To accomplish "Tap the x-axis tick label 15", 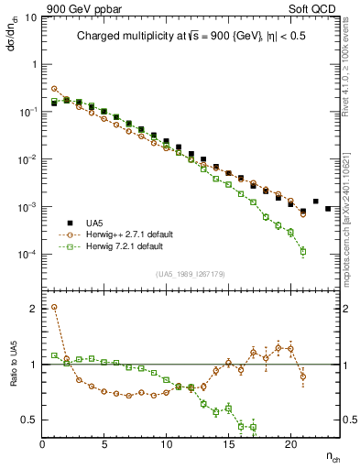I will (x=228, y=445).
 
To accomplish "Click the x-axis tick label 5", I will (x=104, y=445).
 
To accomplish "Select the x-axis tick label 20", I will (x=290, y=445).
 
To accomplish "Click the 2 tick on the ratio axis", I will (x=33, y=309).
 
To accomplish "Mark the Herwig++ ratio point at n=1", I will (x=54, y=308).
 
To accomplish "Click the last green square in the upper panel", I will (x=302, y=251).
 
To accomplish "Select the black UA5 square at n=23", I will (x=328, y=209).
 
